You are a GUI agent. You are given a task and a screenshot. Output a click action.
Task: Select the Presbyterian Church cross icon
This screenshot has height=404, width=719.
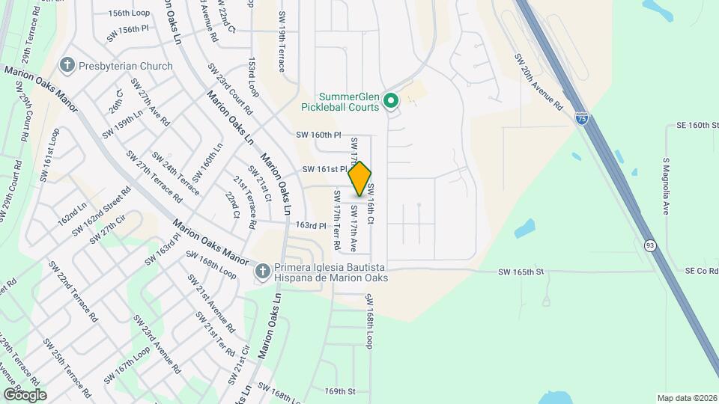pos(67,66)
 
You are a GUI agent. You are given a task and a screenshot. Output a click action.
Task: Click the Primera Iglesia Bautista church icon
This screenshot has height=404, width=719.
pos(262,272)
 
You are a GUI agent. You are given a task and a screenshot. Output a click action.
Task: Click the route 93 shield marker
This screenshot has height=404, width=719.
pos(649,245)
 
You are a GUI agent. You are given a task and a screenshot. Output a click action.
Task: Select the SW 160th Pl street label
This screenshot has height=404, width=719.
pos(318,135)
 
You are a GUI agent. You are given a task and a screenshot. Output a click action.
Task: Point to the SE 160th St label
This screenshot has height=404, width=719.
pos(697,126)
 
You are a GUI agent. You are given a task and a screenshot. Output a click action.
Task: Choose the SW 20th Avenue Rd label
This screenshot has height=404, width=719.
pos(538,82)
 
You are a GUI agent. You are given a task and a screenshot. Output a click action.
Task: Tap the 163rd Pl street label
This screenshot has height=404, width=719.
pos(312,225)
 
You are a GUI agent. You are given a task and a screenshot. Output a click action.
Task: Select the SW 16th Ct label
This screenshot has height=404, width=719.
pos(369,206)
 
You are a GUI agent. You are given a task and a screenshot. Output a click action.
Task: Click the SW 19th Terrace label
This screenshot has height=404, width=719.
pos(282,42)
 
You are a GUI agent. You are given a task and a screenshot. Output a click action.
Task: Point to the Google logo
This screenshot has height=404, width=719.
pos(25,394)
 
